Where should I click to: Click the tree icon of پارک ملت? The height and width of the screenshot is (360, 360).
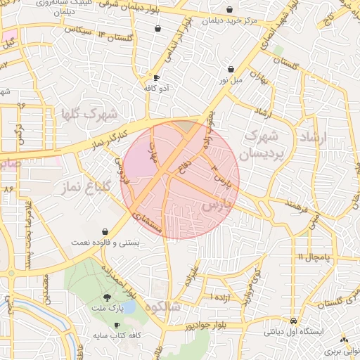(107, 297)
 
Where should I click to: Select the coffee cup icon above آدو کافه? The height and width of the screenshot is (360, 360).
(156, 78)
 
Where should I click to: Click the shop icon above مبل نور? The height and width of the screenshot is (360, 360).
(231, 69)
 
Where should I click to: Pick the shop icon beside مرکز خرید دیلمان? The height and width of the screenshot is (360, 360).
(230, 10)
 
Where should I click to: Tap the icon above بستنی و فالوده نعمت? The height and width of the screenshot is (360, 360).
(105, 231)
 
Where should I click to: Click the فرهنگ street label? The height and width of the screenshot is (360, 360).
(297, 206)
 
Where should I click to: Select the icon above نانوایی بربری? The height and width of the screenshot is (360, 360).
(344, 339)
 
